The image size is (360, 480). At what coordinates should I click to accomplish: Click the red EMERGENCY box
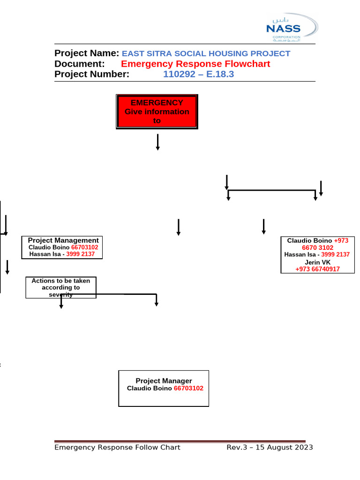pyautogui.click(x=157, y=112)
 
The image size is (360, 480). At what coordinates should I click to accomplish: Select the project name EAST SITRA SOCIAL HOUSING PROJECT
pyautogui.click(x=206, y=53)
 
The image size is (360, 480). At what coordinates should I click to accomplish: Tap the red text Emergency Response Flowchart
pyautogui.click(x=195, y=64)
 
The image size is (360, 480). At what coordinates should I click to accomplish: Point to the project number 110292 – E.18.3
pyautogui.click(x=198, y=74)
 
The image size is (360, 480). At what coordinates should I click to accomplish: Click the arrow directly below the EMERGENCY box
pyautogui.click(x=157, y=142)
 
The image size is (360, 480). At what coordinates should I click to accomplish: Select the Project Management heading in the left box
pyautogui.click(x=63, y=240)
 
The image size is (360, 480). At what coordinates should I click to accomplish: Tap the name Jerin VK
pyautogui.click(x=317, y=262)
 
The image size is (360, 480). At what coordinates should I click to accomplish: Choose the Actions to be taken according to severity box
pyautogui.click(x=61, y=287)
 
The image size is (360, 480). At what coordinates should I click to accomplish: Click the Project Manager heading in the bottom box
pyautogui.click(x=164, y=381)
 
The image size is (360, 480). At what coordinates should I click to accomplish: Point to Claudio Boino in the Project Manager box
pyautogui.click(x=150, y=389)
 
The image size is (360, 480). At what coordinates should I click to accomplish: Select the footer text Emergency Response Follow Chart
pyautogui.click(x=117, y=447)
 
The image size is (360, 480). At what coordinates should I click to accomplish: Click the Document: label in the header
pyautogui.click(x=79, y=64)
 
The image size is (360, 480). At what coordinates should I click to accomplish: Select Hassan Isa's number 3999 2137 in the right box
pyautogui.click(x=332, y=255)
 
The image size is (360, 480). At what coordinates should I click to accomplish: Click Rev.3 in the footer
pyautogui.click(x=236, y=447)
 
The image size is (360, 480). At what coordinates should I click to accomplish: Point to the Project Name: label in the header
pyautogui.click(x=87, y=53)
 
